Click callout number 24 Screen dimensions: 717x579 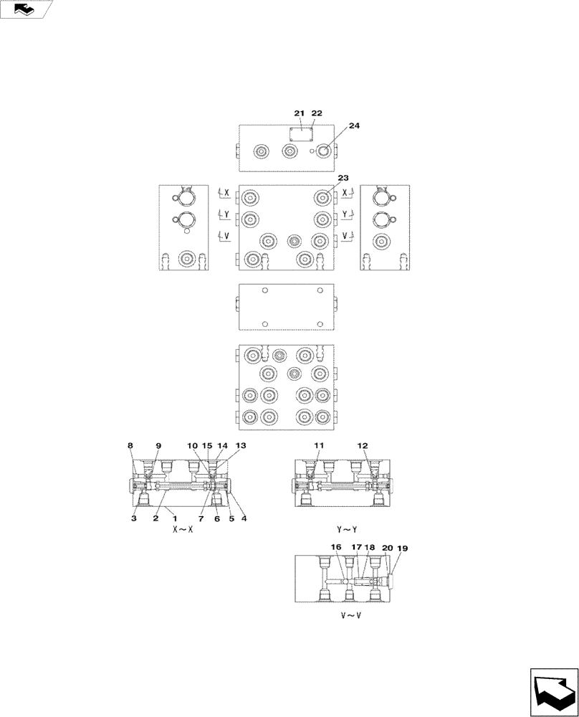point(355,125)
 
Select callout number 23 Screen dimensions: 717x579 point(343,178)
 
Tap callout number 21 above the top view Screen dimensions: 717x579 point(300,113)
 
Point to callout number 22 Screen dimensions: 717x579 point(317,113)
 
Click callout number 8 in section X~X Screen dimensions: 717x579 point(130,445)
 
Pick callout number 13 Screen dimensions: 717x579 point(241,445)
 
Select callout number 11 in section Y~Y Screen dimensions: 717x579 point(319,445)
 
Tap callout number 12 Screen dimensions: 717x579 point(363,445)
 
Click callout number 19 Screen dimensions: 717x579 point(403,549)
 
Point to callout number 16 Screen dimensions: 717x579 point(335,546)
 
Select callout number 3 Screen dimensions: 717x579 point(134,518)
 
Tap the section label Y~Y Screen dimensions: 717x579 point(347,530)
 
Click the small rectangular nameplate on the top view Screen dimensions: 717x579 point(302,134)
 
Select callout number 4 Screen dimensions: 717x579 point(246,518)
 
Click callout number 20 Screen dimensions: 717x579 point(388,546)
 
